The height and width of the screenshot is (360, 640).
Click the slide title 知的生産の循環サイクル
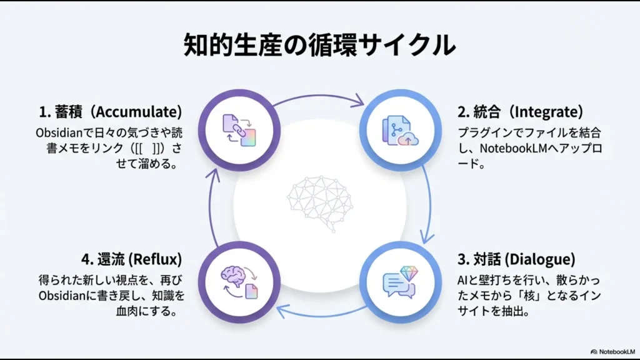tap(319, 46)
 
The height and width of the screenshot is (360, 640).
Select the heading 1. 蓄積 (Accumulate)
tap(111, 112)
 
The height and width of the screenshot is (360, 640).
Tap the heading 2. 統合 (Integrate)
tap(520, 112)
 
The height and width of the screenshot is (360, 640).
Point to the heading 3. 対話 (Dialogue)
tap(516, 259)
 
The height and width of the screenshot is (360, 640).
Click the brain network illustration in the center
tap(319, 199)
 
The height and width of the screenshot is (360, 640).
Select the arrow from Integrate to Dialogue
tap(430, 200)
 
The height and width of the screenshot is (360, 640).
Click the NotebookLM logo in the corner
tap(612, 352)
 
